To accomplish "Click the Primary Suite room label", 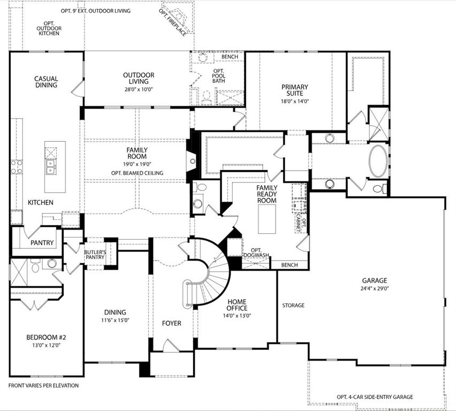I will tap(295, 90).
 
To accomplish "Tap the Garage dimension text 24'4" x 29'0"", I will tap(374, 288).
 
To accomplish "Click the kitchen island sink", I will tap(51, 168).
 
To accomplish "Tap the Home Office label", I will tap(237, 305).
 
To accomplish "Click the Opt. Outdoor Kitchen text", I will tap(48, 28).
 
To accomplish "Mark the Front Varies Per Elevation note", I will tap(43, 385).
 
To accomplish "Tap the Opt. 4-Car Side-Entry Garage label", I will tap(375, 397).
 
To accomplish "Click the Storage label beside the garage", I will tap(293, 306).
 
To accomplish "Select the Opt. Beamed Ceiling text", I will tap(137, 173).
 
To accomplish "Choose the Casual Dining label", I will tap(47, 82).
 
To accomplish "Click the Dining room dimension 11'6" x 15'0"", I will tap(115, 321).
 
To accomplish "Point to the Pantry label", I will tap(42, 243).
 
